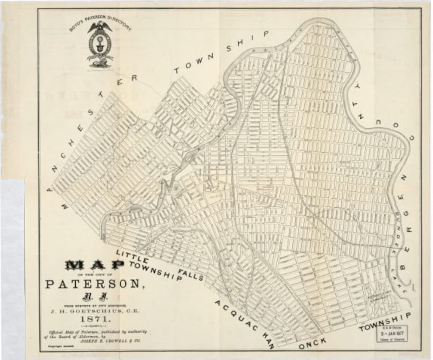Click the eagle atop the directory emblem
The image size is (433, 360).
(x=100, y=27)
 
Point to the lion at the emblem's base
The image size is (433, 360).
(x=100, y=63)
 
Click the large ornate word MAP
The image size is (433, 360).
(x=95, y=265)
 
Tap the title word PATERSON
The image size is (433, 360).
(x=95, y=284)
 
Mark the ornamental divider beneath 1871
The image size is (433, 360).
(x=95, y=325)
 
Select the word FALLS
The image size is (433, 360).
(x=191, y=274)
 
